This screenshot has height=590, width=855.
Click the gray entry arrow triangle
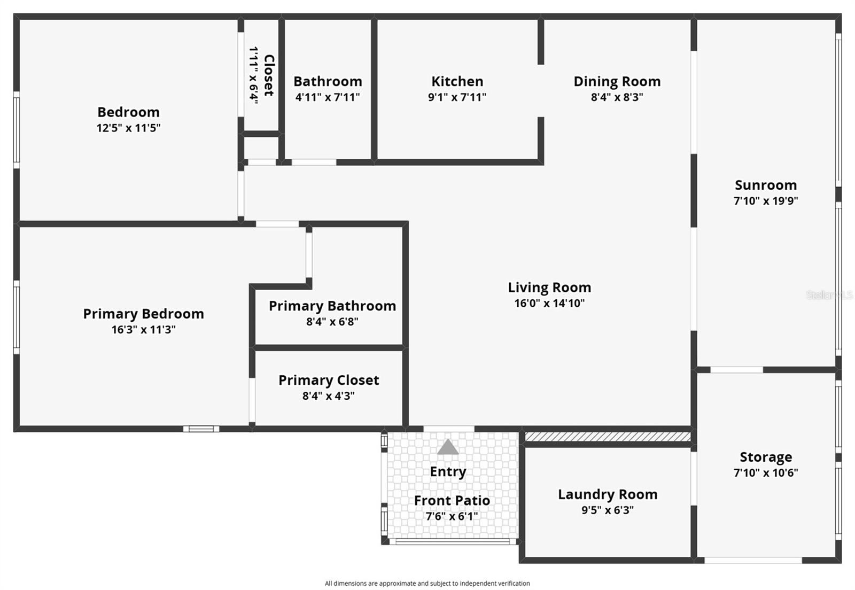click(x=448, y=447)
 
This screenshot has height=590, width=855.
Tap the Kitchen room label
click(x=457, y=81)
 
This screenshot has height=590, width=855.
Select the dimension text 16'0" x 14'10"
click(x=549, y=303)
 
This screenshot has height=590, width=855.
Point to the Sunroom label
click(x=766, y=185)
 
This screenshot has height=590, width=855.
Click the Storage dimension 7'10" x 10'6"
click(x=766, y=472)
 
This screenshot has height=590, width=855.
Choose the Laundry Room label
click(x=608, y=494)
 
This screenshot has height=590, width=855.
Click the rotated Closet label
click(x=269, y=75)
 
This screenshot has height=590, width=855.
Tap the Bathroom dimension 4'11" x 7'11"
click(x=328, y=97)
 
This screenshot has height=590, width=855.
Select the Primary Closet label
click(x=329, y=380)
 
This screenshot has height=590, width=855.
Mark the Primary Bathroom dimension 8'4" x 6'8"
click(x=332, y=322)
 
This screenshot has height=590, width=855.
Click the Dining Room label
click(x=617, y=81)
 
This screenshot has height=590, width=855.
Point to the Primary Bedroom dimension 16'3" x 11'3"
click(x=143, y=329)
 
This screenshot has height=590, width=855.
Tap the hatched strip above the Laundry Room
click(x=608, y=437)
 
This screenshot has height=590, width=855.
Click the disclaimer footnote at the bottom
click(x=428, y=583)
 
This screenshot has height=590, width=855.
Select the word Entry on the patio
click(x=448, y=471)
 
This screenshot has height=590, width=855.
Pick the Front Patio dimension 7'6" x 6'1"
click(x=452, y=516)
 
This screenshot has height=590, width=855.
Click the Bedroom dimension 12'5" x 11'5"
click(x=128, y=128)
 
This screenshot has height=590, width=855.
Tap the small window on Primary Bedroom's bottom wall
click(x=201, y=429)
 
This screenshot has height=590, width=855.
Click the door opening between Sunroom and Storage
click(x=736, y=370)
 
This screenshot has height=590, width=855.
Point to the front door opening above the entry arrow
click(x=448, y=429)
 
